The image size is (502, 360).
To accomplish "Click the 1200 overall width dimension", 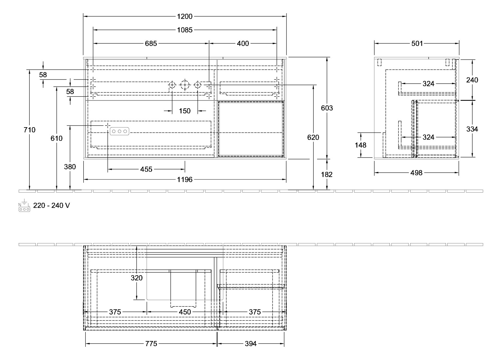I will click(x=185, y=16).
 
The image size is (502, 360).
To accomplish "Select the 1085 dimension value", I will click(x=185, y=30).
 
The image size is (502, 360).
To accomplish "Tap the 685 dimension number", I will click(x=150, y=43).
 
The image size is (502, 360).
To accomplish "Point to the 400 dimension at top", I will click(x=243, y=43).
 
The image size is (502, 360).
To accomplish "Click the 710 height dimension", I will click(x=30, y=130).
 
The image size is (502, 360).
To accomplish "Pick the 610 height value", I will click(x=56, y=138).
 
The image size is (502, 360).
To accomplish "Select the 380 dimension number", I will click(x=70, y=167).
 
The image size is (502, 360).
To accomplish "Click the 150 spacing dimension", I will click(x=185, y=111).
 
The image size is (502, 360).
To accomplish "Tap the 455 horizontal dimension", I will click(x=146, y=169).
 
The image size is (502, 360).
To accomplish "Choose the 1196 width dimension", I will click(x=185, y=180).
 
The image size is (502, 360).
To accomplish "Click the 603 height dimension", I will click(x=327, y=108).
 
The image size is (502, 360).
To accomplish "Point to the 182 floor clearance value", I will click(x=327, y=175).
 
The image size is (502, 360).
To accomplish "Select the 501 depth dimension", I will click(x=417, y=43).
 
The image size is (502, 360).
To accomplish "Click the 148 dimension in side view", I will click(x=361, y=145).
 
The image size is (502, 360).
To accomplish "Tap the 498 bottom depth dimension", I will click(x=416, y=173).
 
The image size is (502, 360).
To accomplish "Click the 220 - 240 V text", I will click(x=51, y=205).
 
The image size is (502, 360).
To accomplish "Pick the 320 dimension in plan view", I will click(x=137, y=278).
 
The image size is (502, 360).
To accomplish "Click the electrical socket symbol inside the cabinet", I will click(x=120, y=131).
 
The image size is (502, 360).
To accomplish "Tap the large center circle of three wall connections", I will click(x=185, y=85).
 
